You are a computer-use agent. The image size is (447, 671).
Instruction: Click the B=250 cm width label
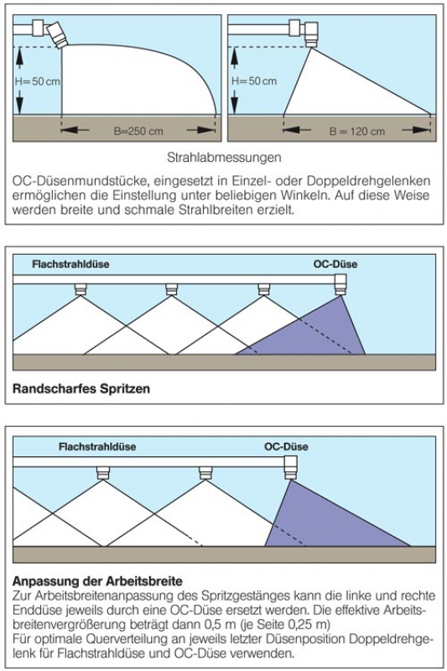(x=138, y=131)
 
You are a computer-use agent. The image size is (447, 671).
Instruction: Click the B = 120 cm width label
(x=356, y=132)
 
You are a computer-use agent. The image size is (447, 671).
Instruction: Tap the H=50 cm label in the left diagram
(x=38, y=81)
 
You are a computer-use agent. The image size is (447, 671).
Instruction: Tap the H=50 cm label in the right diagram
(x=254, y=81)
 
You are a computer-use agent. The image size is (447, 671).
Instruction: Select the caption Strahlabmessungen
(x=224, y=157)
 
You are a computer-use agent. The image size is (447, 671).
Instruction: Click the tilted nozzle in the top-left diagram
(x=58, y=34)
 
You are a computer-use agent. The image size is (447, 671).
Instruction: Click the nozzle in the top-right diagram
(x=311, y=34)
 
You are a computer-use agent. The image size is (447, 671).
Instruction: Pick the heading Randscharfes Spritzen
(x=81, y=388)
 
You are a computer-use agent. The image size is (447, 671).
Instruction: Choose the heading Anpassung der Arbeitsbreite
(x=97, y=580)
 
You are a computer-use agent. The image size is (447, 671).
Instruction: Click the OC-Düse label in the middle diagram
(x=335, y=263)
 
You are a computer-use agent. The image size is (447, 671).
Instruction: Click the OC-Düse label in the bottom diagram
(x=286, y=446)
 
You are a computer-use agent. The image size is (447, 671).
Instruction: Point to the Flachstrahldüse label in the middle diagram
(x=70, y=263)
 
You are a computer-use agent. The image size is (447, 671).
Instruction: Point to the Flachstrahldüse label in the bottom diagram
(x=97, y=446)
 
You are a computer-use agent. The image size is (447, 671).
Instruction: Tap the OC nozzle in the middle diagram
(x=340, y=284)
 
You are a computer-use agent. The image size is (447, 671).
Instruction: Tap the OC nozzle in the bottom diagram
(x=290, y=468)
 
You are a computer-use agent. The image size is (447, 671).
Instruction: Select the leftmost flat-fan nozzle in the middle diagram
(x=80, y=289)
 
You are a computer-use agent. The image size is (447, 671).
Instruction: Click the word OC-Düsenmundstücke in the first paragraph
(x=81, y=181)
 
